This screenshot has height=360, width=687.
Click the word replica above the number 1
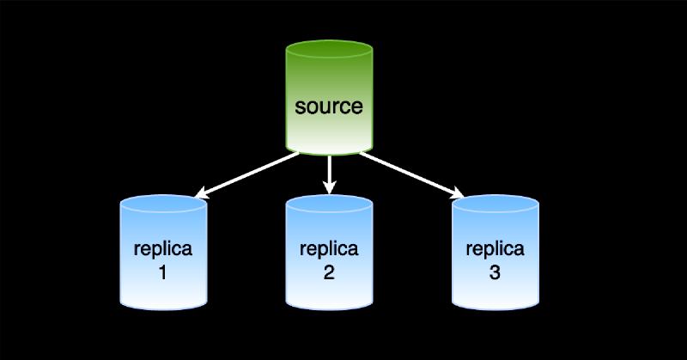[163, 250]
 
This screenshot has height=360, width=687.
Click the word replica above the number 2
[329, 250]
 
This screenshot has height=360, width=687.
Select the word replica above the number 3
[495, 250]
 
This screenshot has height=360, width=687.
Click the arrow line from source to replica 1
[249, 174]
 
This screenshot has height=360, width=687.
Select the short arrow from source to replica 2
[329, 172]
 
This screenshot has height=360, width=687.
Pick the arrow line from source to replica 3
[409, 174]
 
